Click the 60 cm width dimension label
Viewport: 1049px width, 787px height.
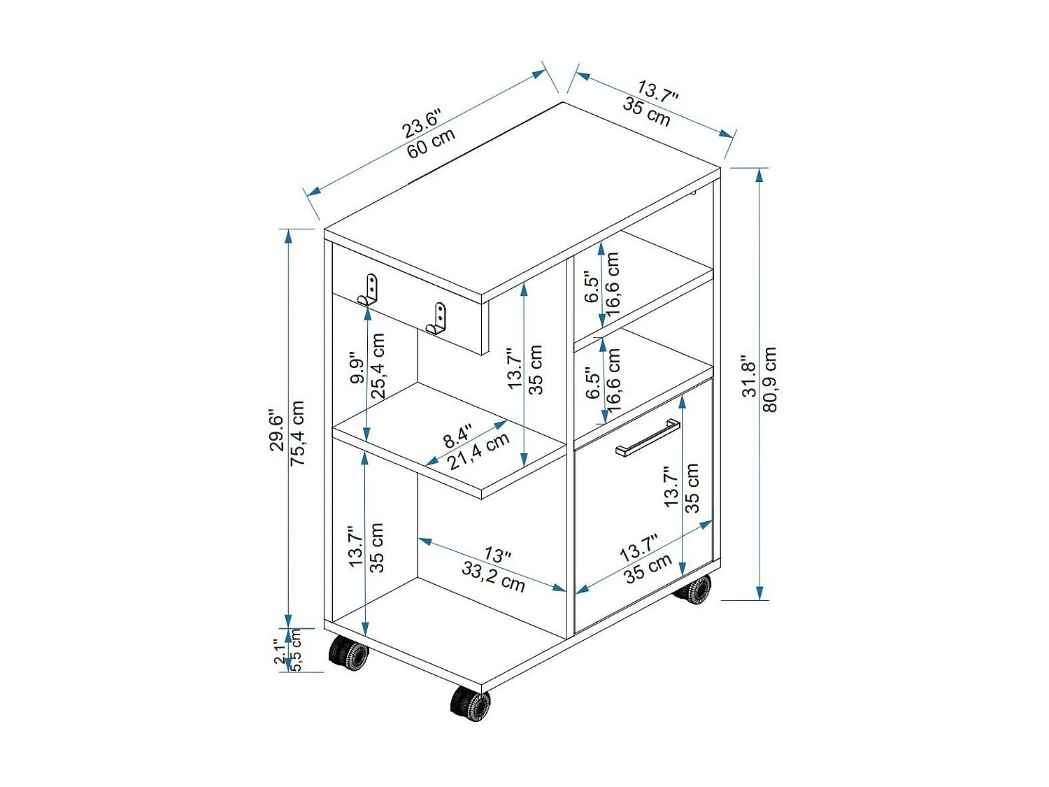point(431,143)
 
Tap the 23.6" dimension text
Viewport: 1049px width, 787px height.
point(422,124)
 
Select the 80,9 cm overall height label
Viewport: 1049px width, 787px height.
point(770,379)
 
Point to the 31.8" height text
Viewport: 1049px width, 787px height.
point(750,376)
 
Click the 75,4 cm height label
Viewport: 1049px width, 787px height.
point(298,433)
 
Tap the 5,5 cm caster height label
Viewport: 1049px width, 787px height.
point(296,651)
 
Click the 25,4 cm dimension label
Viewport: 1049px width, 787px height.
point(378,366)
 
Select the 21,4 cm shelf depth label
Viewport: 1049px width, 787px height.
point(479,452)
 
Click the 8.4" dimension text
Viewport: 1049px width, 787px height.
point(458,436)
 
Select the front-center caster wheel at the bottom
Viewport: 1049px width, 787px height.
point(470,702)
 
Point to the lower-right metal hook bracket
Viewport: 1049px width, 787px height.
point(436,318)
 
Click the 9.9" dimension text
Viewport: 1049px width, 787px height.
point(357,367)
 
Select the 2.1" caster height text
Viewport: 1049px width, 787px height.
point(280,651)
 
